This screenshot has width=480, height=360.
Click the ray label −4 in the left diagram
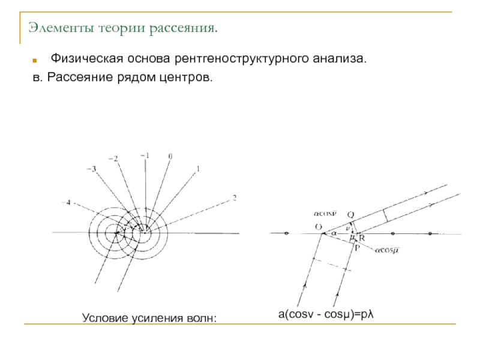click(66, 203)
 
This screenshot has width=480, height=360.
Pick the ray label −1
click(145, 155)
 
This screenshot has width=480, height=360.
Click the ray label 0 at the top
click(170, 156)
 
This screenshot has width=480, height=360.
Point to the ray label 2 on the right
click(234, 197)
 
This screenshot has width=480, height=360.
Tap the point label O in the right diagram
click(318, 226)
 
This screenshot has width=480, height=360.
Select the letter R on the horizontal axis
click(362, 238)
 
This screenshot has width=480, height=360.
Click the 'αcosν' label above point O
click(325, 213)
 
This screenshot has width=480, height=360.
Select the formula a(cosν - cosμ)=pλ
click(326, 314)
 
